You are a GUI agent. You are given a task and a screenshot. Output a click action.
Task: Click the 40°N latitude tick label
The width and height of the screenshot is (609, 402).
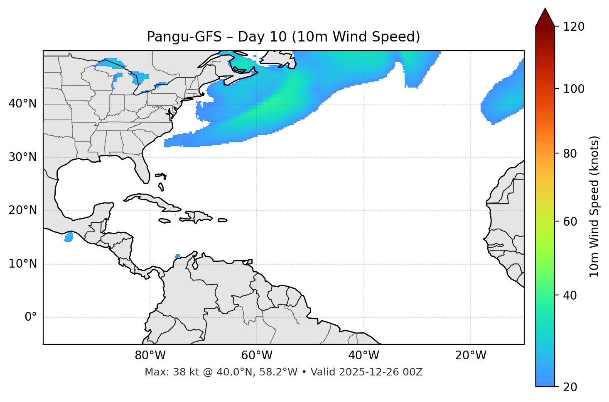(x=22, y=104)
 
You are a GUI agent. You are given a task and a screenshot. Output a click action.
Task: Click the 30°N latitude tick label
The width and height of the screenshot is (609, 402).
(x=22, y=157)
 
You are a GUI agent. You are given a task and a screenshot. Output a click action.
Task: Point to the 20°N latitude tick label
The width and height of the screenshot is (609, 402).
(x=22, y=210)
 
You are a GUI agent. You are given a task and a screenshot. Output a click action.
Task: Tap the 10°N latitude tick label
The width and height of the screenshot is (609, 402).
(x=22, y=264)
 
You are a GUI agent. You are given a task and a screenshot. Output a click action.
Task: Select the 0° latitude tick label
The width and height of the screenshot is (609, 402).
(x=31, y=317)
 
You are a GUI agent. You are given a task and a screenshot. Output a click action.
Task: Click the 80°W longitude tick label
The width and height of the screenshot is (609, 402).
(x=150, y=356)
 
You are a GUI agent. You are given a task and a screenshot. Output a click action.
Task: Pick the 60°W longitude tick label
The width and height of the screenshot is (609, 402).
(x=257, y=356)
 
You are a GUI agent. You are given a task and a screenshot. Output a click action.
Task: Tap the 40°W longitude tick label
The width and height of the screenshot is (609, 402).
(x=363, y=356)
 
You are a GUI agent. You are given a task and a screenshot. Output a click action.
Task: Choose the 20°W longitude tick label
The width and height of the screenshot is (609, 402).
(x=471, y=356)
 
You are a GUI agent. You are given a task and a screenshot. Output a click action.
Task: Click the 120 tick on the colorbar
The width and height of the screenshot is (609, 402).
(x=574, y=27)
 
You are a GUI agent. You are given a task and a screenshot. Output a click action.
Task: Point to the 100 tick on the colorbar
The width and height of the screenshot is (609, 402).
(x=574, y=89)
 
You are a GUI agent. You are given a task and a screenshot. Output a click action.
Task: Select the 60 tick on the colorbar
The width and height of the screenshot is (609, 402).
(x=571, y=222)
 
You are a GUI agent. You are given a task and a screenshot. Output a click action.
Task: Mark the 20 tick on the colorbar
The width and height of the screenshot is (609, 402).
(x=571, y=387)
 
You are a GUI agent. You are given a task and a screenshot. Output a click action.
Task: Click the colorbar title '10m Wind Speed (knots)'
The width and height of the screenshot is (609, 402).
(x=594, y=206)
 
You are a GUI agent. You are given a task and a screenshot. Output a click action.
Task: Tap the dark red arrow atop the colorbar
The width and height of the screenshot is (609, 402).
(x=545, y=18)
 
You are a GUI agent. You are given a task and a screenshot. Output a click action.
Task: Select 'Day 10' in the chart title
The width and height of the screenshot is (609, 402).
(x=262, y=37)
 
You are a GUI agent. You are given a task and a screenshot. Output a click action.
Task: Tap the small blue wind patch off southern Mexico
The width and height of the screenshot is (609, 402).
(x=69, y=237)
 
